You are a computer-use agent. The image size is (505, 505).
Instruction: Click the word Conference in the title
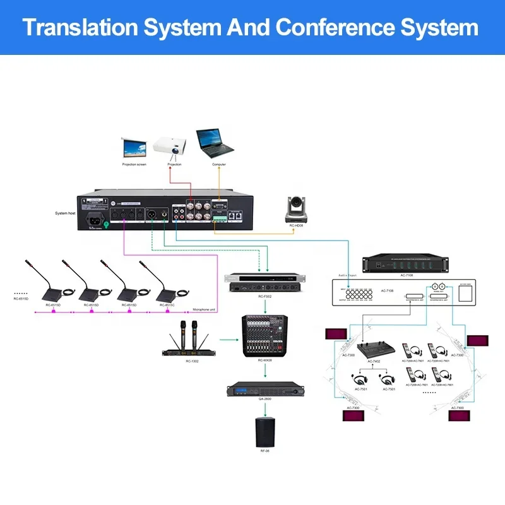tap(333, 28)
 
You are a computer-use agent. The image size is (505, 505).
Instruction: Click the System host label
tap(66, 214)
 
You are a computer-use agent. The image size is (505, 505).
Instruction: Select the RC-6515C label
tap(167, 305)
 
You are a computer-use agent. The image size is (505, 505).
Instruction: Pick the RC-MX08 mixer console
tap(264, 335)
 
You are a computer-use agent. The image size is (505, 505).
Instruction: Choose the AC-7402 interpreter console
tap(374, 348)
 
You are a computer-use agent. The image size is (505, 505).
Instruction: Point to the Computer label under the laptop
tap(219, 165)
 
